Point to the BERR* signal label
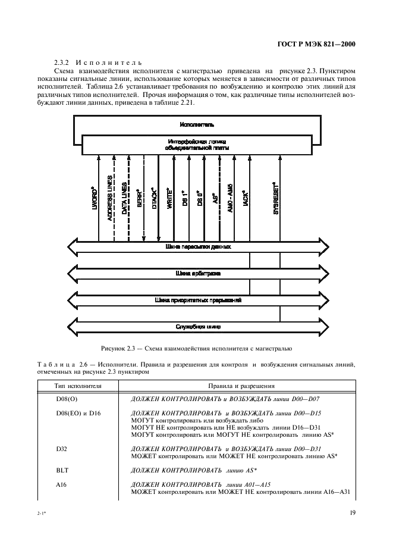click(x=139, y=197)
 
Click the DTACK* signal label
click(x=154, y=196)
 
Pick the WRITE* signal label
click(x=169, y=196)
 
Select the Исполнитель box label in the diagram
click(x=196, y=125)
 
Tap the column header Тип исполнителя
click(x=70, y=386)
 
